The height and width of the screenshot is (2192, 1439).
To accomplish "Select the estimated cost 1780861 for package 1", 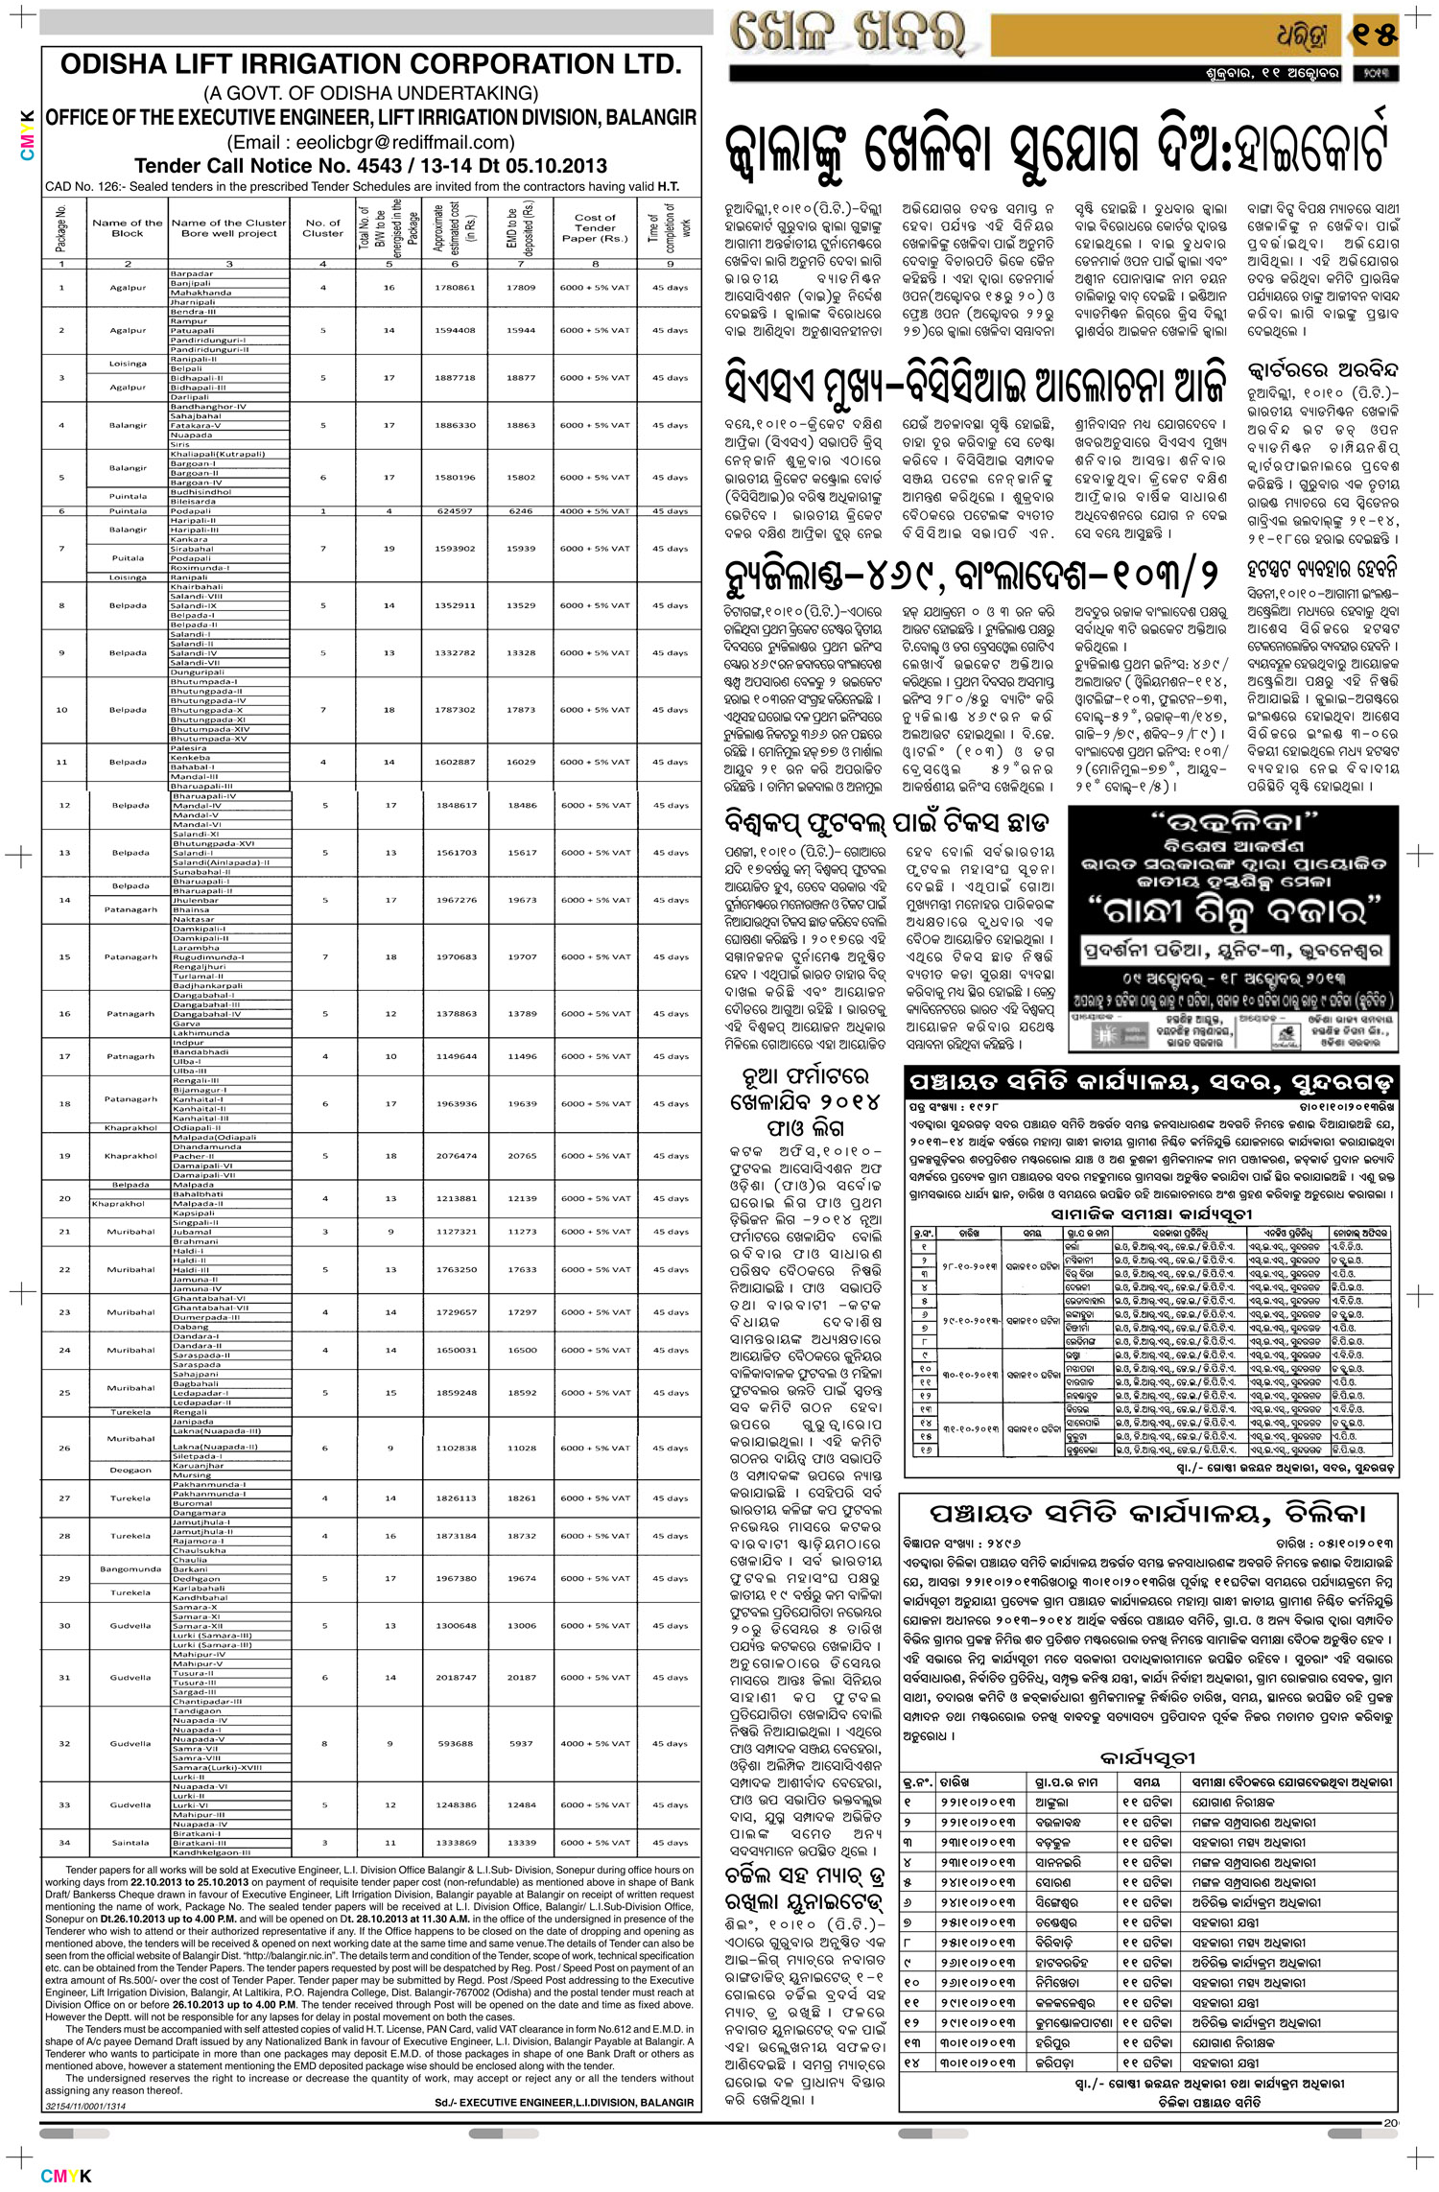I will [455, 288].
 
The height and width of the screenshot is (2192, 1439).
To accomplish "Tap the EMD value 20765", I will [522, 1156].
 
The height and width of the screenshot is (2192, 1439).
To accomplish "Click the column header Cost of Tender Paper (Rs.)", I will [595, 228].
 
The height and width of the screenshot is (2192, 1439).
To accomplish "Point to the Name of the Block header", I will [128, 228].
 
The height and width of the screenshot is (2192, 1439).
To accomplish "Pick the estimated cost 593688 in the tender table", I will [455, 1744].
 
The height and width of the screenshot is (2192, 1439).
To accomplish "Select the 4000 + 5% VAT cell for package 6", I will [595, 511].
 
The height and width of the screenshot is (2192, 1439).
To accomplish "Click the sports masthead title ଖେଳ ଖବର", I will [848, 35].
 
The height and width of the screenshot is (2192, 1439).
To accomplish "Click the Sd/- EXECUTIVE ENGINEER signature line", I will [564, 2103].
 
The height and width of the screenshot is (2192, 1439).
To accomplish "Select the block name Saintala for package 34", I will [130, 1843].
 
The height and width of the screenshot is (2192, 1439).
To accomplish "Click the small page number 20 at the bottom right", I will [1391, 2123].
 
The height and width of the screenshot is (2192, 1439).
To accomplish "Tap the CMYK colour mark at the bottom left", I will [66, 2176].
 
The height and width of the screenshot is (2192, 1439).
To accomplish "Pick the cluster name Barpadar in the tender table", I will [191, 273].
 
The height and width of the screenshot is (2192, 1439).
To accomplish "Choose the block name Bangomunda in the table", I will [130, 1569].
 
